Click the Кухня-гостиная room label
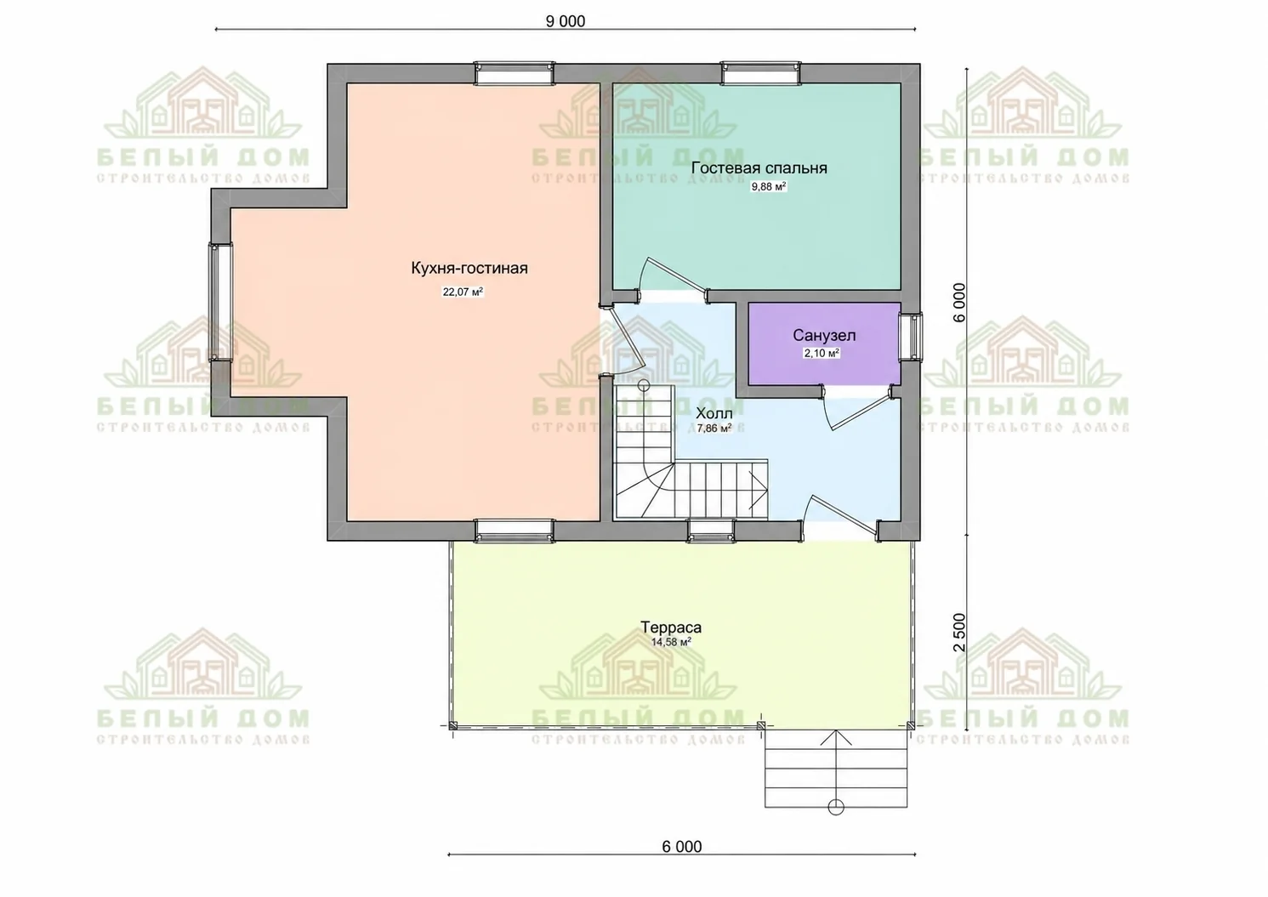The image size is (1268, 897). (x=469, y=269)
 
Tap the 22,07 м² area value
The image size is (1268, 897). (x=463, y=292)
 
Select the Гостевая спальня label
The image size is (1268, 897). (x=759, y=168)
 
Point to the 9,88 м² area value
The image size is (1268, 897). (x=768, y=187)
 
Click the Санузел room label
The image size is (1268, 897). (x=824, y=336)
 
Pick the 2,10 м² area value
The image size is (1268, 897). (x=822, y=354)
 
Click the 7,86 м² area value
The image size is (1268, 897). (x=714, y=429)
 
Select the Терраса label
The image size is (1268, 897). (x=671, y=627)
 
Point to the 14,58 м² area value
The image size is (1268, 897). (x=671, y=642)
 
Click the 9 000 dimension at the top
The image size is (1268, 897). (x=566, y=21)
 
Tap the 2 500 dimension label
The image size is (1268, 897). (x=959, y=632)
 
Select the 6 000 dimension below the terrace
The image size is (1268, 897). (x=681, y=847)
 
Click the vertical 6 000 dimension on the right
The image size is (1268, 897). (x=959, y=302)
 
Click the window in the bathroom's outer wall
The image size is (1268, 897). (x=912, y=336)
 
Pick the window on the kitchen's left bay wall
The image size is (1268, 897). (x=220, y=302)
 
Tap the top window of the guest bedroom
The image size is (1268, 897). (x=761, y=74)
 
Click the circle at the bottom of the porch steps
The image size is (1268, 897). (x=836, y=807)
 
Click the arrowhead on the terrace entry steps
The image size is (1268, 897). (x=836, y=732)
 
